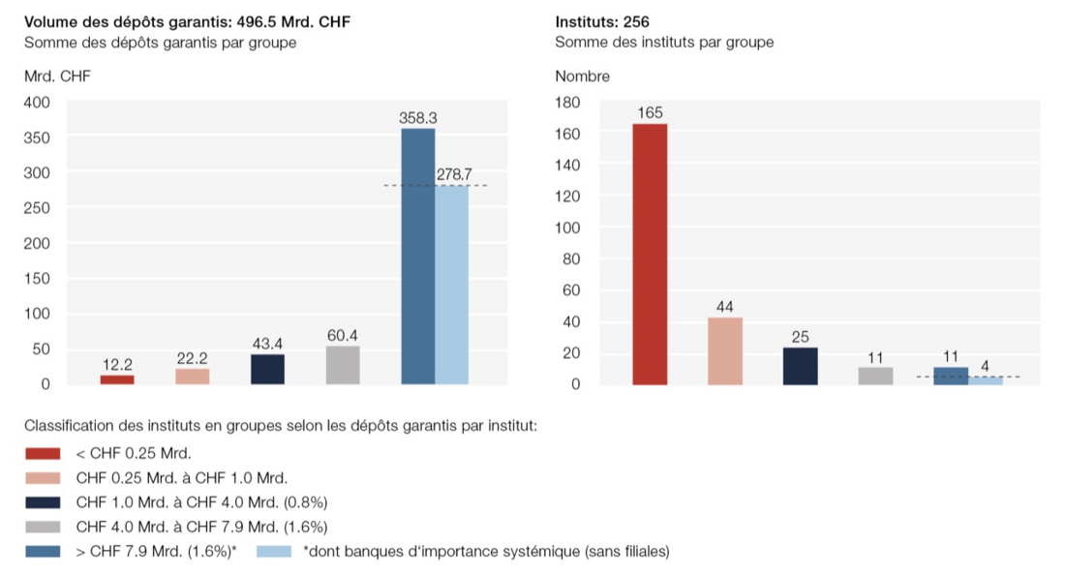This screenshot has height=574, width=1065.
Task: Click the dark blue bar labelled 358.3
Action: [418, 257]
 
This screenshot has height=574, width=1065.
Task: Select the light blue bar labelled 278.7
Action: [452, 285]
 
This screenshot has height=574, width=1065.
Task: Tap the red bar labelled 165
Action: [650, 255]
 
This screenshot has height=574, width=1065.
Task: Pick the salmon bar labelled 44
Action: [725, 350]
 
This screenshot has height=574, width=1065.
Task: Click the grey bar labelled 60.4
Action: [343, 365]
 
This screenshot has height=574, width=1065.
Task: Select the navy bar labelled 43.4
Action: [267, 370]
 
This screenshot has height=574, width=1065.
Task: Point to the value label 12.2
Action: [117, 365]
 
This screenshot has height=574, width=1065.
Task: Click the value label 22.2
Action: [193, 358]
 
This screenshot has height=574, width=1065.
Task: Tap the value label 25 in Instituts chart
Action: [801, 337]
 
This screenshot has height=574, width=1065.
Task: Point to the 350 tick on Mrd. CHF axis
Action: [38, 137]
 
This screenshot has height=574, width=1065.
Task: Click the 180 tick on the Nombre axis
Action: [567, 103]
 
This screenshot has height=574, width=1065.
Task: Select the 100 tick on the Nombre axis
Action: [567, 227]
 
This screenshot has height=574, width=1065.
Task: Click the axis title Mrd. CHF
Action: [56, 76]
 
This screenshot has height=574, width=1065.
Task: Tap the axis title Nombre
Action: [582, 76]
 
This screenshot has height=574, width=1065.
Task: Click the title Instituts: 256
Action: [601, 21]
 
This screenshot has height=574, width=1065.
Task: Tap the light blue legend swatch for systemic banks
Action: [274, 552]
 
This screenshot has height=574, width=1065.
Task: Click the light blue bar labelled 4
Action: [986, 380]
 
